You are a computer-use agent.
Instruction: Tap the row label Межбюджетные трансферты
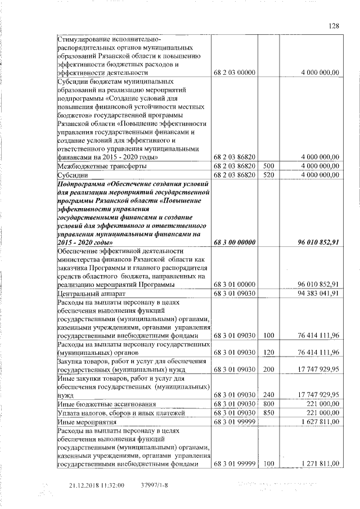(x=102, y=166)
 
